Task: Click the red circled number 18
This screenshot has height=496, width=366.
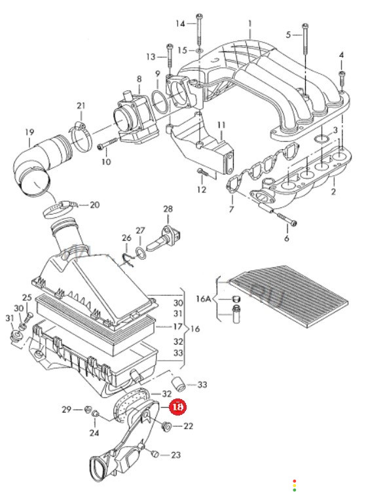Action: [x=177, y=407]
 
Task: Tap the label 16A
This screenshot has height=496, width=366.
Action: [x=204, y=299]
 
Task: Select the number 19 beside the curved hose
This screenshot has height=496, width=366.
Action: [x=29, y=132]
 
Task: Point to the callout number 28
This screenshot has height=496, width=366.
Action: [x=168, y=209]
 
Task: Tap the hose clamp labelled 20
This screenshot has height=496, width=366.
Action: [x=60, y=209]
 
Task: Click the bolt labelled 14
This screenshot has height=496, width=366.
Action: [x=199, y=29]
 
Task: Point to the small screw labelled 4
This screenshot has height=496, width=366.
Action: [x=341, y=78]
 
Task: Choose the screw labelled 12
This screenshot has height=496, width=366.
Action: [x=202, y=172]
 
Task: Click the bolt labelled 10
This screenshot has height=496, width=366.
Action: [x=107, y=144]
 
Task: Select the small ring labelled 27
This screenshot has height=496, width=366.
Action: [x=140, y=253]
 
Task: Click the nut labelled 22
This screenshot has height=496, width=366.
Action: [x=165, y=427]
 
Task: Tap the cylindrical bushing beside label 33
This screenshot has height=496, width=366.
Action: [x=177, y=383]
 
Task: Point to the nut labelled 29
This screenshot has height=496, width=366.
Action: [x=87, y=410]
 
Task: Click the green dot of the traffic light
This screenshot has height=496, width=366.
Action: [x=295, y=490]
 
